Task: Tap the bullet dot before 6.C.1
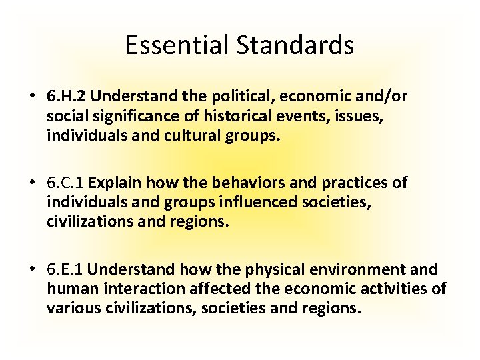coord(33,183)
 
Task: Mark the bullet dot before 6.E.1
coord(33,269)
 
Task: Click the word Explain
coord(116,183)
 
